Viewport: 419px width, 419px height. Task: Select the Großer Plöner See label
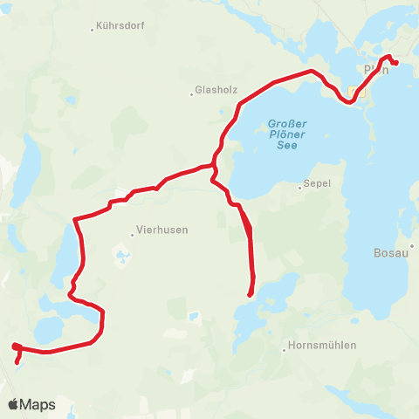tap(286, 134)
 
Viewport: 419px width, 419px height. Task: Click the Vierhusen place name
tap(162, 231)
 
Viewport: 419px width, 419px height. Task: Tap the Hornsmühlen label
tap(323, 346)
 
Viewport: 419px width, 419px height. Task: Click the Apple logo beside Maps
tap(13, 404)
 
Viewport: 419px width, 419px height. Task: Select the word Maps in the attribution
tap(38, 404)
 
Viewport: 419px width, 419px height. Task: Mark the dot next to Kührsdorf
tap(92, 30)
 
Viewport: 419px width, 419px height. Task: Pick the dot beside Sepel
tap(299, 186)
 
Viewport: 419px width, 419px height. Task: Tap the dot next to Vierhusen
tap(132, 233)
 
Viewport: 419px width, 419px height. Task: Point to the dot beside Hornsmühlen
tap(285, 351)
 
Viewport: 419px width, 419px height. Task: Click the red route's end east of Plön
tap(396, 62)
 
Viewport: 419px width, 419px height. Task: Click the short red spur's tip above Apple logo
tap(17, 360)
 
